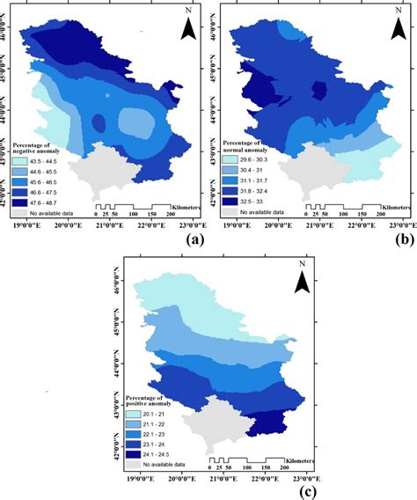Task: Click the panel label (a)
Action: point(188,239)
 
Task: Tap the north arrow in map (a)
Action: point(187,26)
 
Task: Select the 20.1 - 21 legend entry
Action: point(153,413)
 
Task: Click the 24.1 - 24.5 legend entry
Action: point(153,453)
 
